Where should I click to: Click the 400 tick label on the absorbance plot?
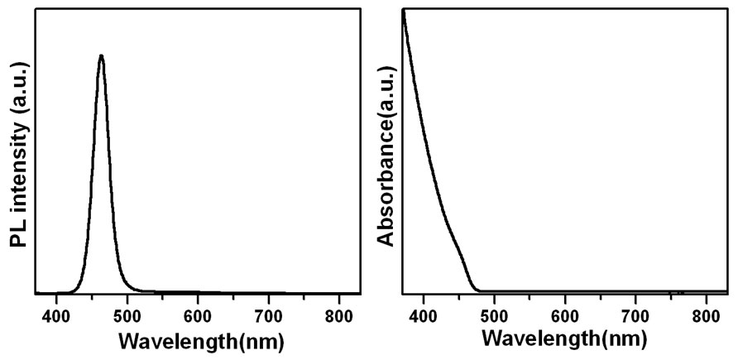pos(423,315)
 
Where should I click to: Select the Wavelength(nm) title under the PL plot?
pos(201,341)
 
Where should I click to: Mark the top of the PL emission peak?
pos(101,56)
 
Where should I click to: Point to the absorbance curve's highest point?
pos(403,12)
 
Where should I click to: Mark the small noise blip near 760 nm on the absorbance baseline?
pos(679,292)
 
